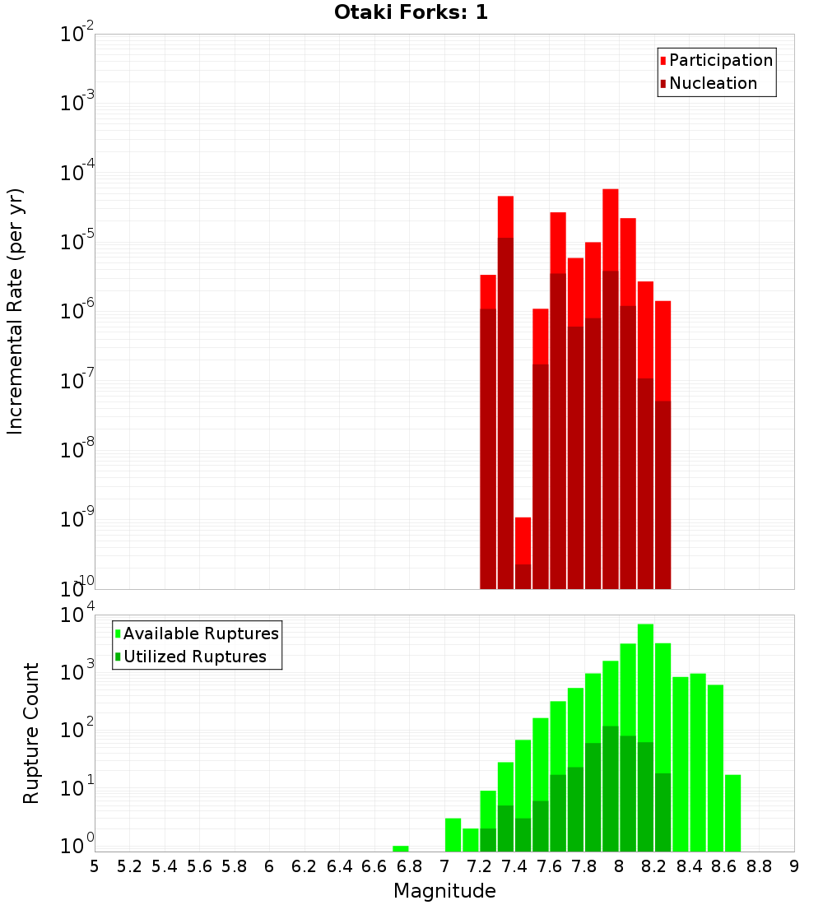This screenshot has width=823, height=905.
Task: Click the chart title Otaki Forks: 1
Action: (x=411, y=13)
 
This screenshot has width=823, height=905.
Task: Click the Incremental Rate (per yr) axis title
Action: (x=16, y=311)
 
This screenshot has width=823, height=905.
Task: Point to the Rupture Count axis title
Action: (x=31, y=733)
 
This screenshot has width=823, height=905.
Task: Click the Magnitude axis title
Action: (x=444, y=891)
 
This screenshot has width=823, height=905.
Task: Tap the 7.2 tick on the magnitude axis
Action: (x=479, y=866)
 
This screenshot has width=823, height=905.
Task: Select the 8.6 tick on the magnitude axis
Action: (x=724, y=866)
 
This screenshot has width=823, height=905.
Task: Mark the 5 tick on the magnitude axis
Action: (x=95, y=866)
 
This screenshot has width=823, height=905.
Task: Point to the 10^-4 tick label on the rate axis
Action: (x=78, y=173)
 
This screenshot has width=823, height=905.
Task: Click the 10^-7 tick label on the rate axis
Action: (x=78, y=381)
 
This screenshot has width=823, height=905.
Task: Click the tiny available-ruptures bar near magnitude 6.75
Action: (x=401, y=848)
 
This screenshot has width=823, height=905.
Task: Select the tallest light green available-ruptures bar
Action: (x=645, y=658)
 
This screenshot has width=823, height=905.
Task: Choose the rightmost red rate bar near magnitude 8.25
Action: (x=663, y=444)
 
